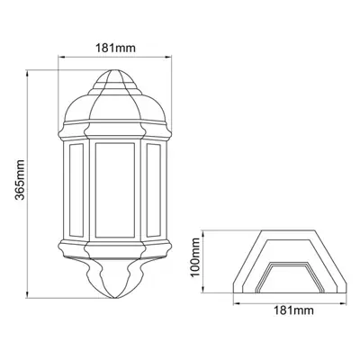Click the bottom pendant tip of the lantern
[113, 292]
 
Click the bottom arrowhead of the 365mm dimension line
[31, 295]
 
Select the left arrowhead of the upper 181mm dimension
[61, 55]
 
